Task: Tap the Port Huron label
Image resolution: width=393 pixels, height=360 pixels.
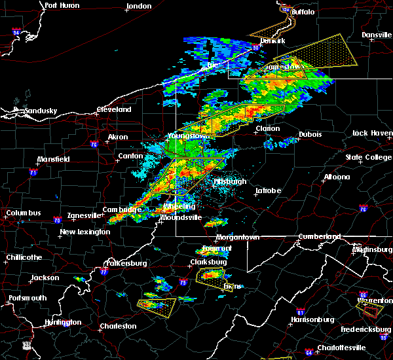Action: click(x=62, y=5)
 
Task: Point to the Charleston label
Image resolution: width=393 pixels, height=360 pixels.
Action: click(x=119, y=326)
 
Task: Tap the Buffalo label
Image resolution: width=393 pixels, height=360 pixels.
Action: click(x=303, y=12)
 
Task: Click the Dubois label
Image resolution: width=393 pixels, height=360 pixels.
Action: click(x=310, y=135)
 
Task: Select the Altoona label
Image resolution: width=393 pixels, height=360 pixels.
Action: click(x=336, y=177)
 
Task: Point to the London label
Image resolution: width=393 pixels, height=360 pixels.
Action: click(x=139, y=6)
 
